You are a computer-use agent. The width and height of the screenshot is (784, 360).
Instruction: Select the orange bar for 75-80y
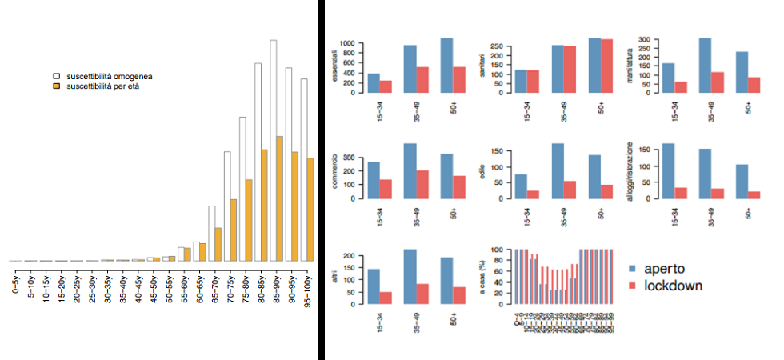[248, 220]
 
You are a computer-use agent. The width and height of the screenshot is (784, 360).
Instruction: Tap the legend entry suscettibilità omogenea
[110, 77]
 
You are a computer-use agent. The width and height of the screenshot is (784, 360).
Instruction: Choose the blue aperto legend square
[633, 270]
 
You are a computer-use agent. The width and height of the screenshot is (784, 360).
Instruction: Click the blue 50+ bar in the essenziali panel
[446, 65]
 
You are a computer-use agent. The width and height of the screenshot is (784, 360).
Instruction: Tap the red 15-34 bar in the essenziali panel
[386, 86]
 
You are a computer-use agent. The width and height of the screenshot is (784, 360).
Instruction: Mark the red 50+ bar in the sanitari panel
[607, 66]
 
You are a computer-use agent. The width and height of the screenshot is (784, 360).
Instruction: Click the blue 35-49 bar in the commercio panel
[410, 170]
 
